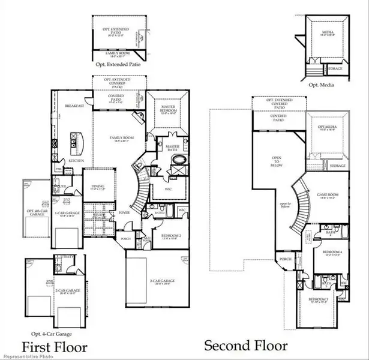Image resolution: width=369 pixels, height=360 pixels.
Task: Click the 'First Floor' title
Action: pos(55,347)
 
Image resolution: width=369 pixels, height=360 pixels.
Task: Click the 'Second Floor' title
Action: pos(245,346)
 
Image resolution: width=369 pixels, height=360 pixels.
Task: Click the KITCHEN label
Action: pos(75,161)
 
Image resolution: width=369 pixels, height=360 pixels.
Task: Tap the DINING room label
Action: pos(98,186)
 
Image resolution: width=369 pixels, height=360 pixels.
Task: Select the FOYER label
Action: pos(124,212)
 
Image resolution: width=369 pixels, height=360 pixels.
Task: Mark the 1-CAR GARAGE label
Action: pos(64,213)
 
